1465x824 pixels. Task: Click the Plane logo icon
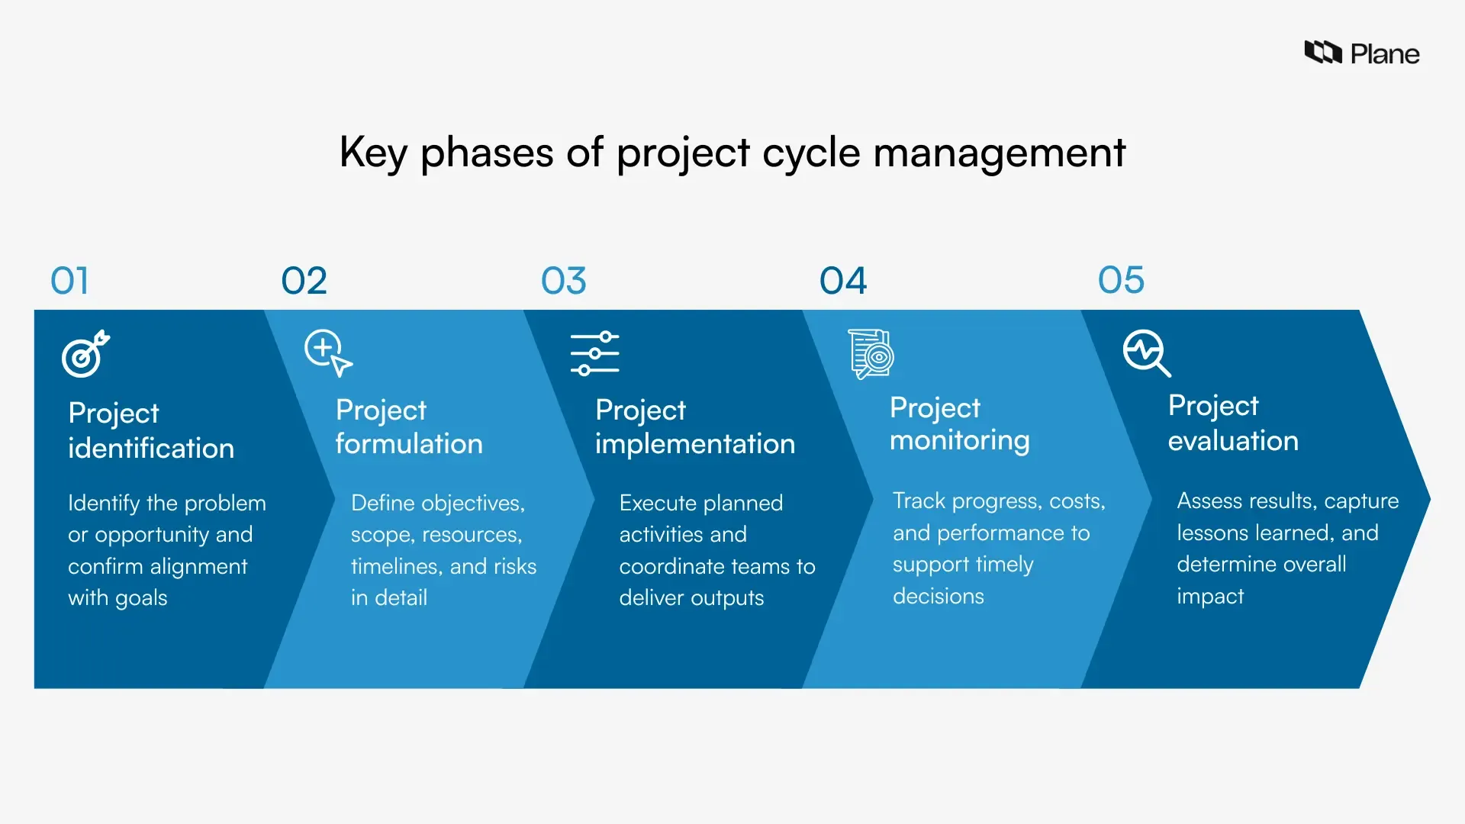(x=1322, y=52)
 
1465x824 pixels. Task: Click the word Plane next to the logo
(x=1384, y=54)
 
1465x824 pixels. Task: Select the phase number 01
(x=69, y=281)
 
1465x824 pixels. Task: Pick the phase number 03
(x=563, y=281)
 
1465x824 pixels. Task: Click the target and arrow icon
(x=85, y=354)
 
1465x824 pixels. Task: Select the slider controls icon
(x=594, y=353)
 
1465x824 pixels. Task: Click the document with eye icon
(x=871, y=354)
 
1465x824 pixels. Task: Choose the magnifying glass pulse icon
(x=1146, y=352)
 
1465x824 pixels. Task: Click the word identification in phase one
(x=151, y=449)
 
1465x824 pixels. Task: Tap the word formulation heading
(x=409, y=444)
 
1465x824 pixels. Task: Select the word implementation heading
(x=694, y=444)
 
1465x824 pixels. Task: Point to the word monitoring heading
(x=959, y=441)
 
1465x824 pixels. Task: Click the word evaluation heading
(x=1232, y=441)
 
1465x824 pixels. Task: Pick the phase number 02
(x=304, y=281)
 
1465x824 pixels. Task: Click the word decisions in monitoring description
(x=938, y=596)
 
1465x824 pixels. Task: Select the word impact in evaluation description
(x=1209, y=596)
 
